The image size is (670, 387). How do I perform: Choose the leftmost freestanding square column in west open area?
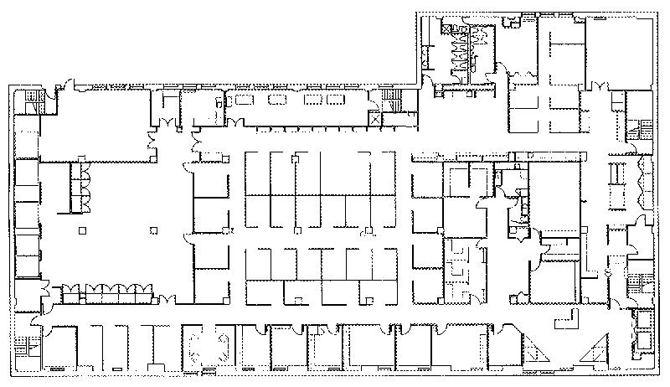point(81,230)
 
